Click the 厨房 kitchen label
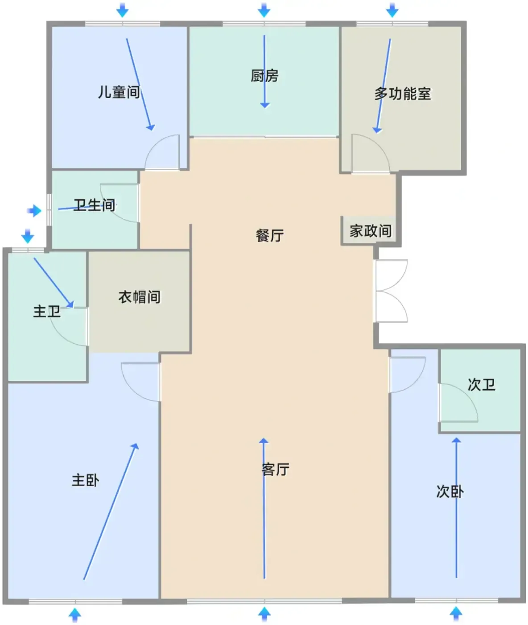click(x=264, y=75)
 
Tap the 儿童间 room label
click(x=119, y=92)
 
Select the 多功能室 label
click(x=403, y=93)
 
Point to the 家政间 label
click(x=371, y=231)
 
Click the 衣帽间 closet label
click(x=139, y=297)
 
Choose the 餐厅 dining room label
click(x=270, y=235)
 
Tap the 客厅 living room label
click(x=275, y=469)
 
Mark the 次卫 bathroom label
click(x=482, y=385)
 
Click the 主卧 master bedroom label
click(x=85, y=480)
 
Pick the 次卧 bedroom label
click(x=450, y=492)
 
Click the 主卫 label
click(x=47, y=312)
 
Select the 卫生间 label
click(x=94, y=205)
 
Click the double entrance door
click(x=392, y=291)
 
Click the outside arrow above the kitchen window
click(x=264, y=10)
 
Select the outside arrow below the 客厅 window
click(x=264, y=614)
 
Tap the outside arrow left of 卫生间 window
click(x=34, y=210)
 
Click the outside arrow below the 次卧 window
click(x=456, y=614)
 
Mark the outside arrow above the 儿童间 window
click(x=122, y=10)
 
